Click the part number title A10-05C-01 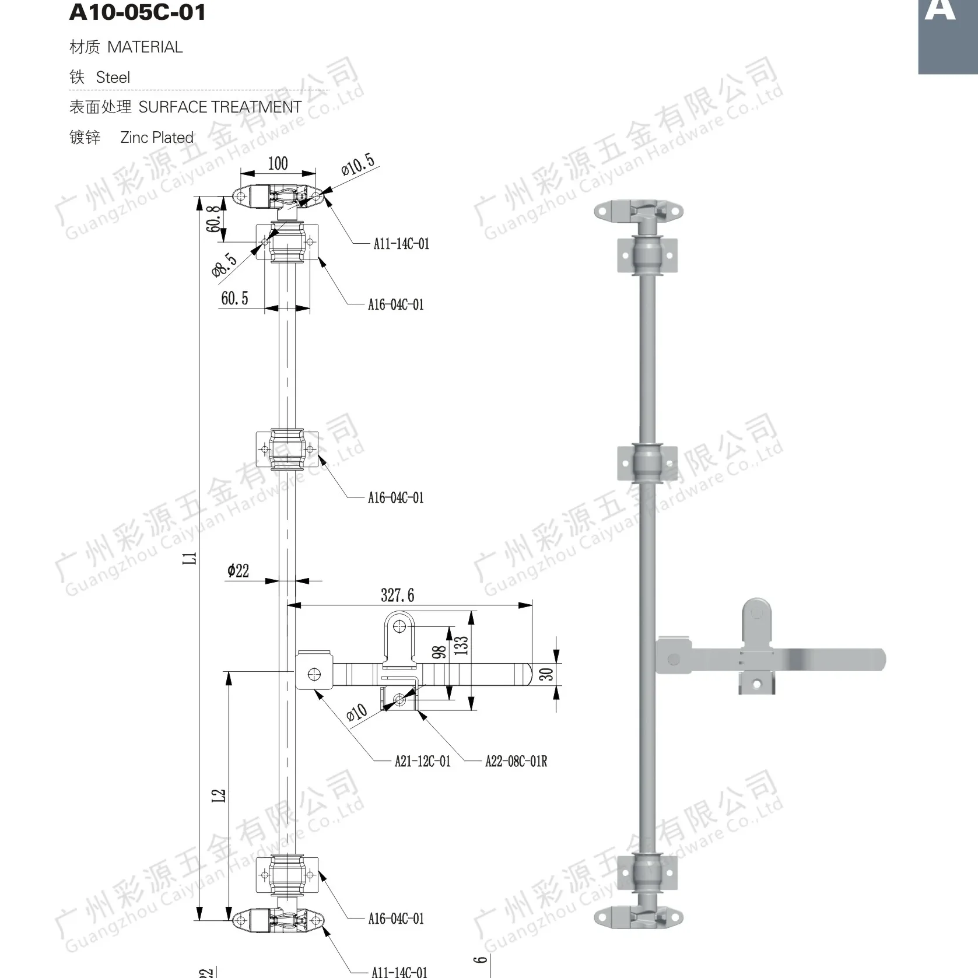137,12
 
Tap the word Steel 113,78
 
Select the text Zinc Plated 156,138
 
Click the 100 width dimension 278,163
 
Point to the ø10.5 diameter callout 357,164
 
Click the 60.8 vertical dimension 214,218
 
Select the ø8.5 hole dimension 224,264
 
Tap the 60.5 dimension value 234,299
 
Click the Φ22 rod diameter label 238,570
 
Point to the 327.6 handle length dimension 397,595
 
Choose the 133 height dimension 461,646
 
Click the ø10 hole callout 356,712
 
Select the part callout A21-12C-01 422,761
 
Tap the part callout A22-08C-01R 516,761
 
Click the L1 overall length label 190,558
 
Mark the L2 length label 219,795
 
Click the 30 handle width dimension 546,674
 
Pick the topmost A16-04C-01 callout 395,304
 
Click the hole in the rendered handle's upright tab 757,613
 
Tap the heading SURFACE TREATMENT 220,107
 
